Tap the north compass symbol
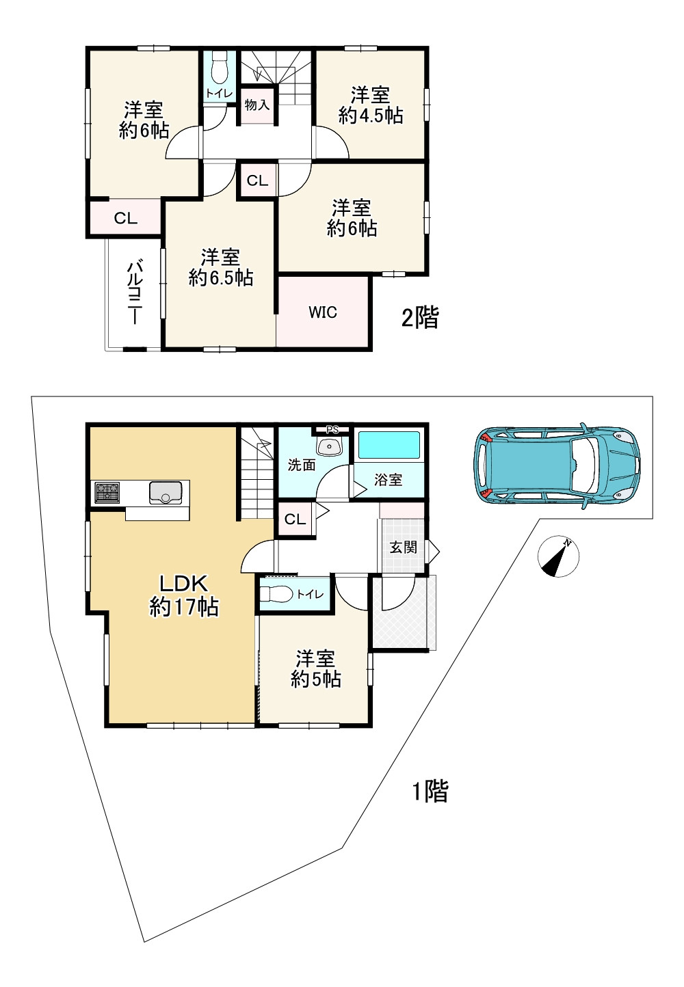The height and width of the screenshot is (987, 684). point(558,556)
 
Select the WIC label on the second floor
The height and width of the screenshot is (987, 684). point(323,312)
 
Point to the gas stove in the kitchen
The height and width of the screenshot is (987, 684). point(107,493)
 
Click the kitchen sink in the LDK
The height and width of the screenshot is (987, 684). point(166,493)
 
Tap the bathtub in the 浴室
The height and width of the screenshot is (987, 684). point(389,445)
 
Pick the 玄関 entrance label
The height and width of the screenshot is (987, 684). point(403,547)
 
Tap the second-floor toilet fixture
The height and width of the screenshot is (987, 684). point(219,68)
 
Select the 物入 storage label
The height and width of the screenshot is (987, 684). point(257,105)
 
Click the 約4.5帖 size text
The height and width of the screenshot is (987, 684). point(371,116)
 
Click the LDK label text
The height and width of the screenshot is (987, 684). point(183,584)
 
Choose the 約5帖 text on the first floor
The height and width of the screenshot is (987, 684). point(316,679)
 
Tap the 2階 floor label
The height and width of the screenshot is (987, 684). point(420,318)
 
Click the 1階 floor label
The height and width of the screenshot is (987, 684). point(430,791)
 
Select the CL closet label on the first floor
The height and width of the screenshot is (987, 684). point(295,519)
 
